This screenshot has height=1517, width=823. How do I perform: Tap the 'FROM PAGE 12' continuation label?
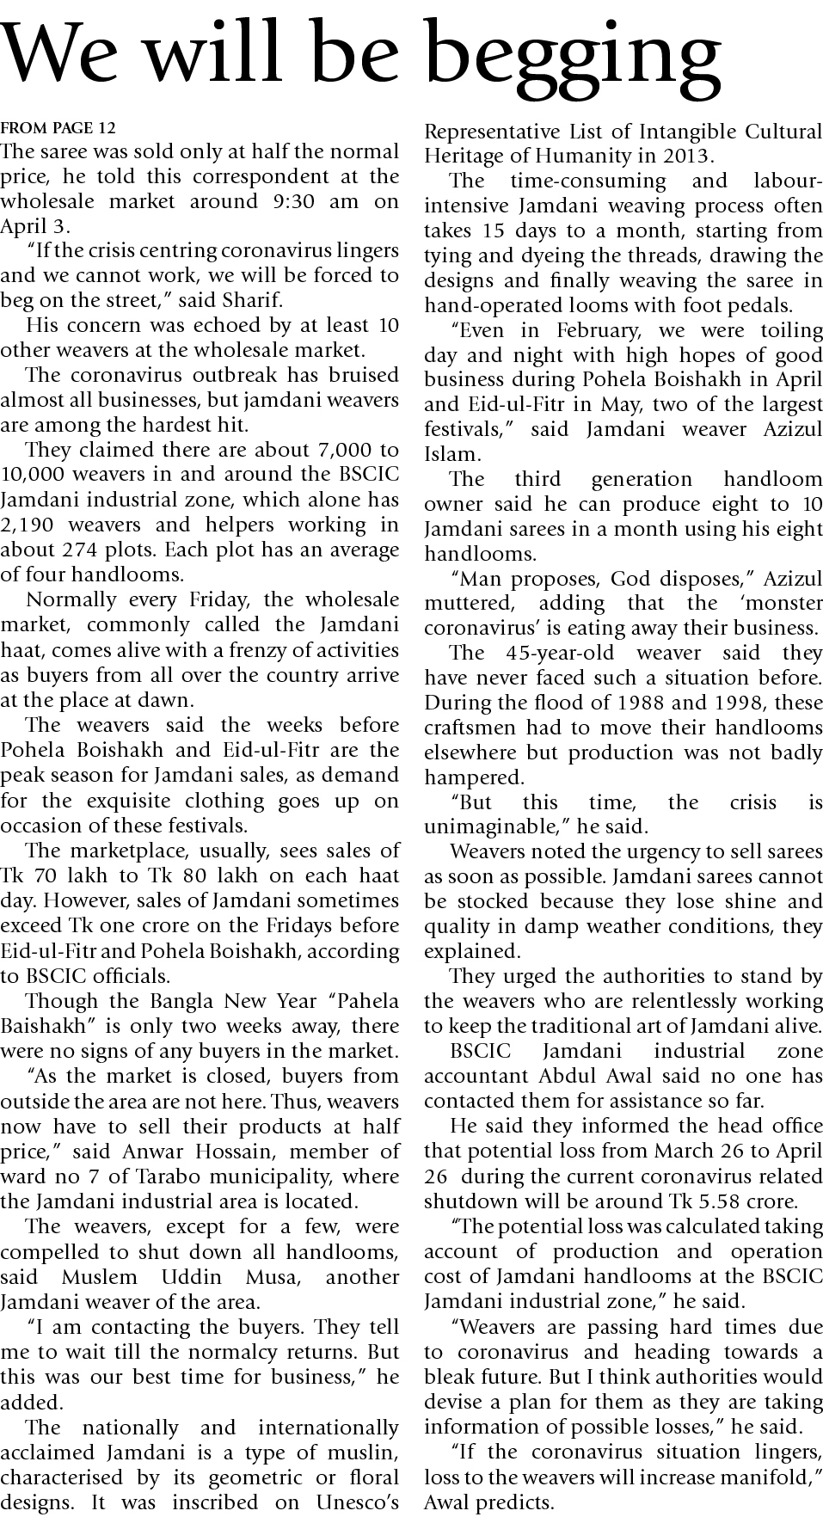[x=58, y=129]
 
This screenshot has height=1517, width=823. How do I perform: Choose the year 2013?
[x=684, y=157]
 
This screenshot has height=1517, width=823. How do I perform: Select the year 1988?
[x=645, y=703]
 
